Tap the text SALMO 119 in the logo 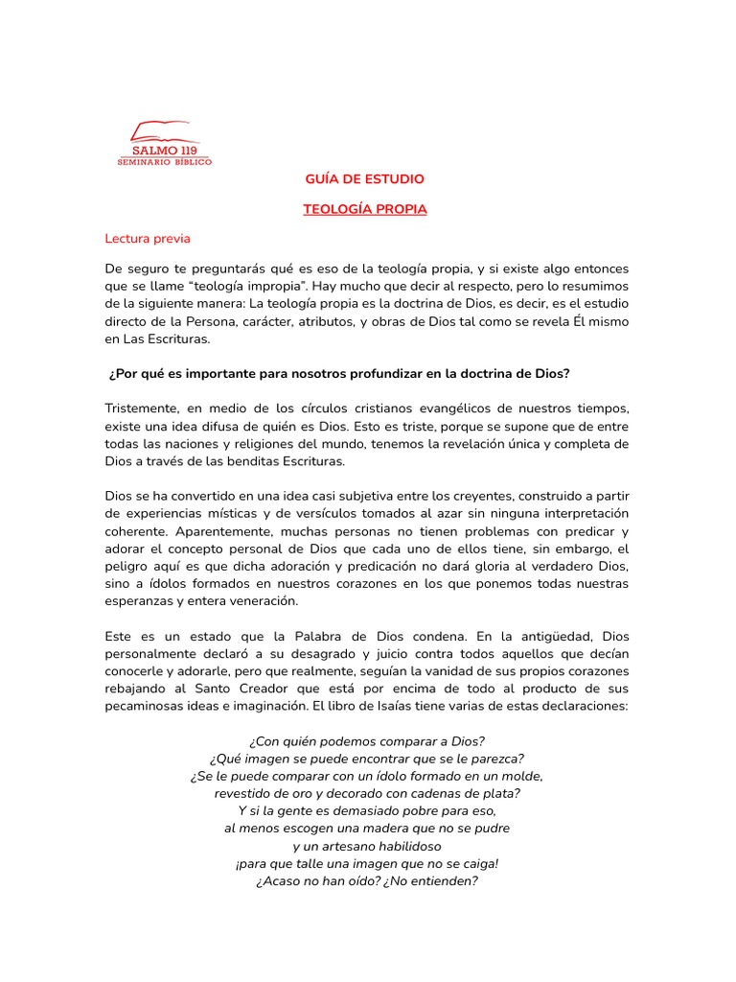click(x=165, y=150)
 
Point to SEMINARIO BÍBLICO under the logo click(x=165, y=162)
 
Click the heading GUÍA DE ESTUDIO click(x=364, y=179)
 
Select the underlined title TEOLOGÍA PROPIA click(x=364, y=209)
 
